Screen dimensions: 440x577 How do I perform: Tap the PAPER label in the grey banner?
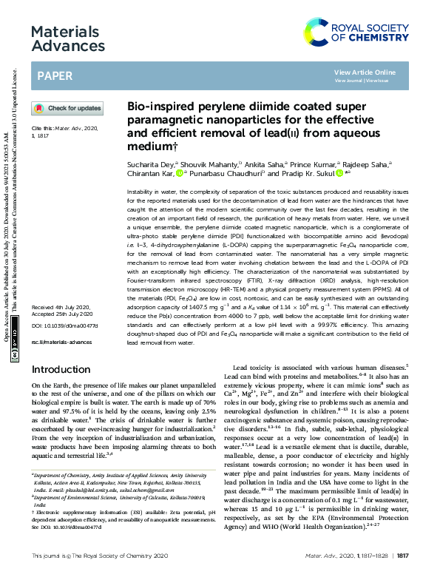tap(54, 75)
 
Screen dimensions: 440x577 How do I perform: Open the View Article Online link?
tap(365, 72)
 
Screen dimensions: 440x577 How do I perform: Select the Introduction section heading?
tap(61, 369)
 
